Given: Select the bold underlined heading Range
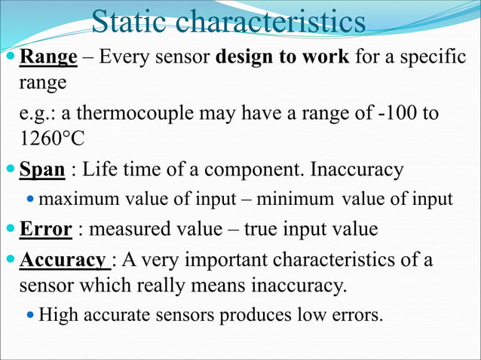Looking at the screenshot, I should pyautogui.click(x=48, y=56).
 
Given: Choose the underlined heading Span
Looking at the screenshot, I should pyautogui.click(x=42, y=169).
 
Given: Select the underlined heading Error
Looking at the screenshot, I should pyautogui.click(x=45, y=229).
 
